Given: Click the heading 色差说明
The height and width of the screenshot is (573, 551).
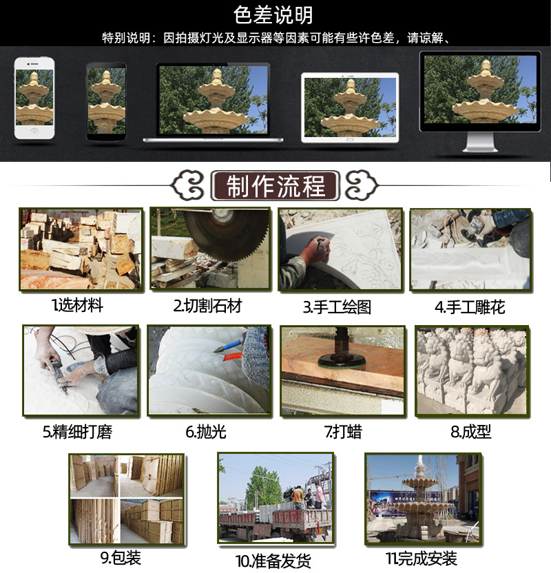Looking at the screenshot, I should [x=274, y=14].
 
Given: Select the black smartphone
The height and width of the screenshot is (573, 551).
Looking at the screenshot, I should [x=106, y=101].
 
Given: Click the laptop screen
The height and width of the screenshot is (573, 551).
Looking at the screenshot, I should [x=213, y=101].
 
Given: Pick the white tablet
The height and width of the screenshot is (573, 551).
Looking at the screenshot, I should [x=349, y=107].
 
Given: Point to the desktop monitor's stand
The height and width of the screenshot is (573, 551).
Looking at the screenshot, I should [x=481, y=143].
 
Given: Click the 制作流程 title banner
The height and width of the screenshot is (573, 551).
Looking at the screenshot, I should [x=275, y=186].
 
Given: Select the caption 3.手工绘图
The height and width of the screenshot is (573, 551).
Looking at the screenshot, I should [x=337, y=306].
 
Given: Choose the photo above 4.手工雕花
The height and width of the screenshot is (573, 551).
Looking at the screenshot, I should [x=470, y=249].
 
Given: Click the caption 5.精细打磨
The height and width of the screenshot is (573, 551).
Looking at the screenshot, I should [x=77, y=433].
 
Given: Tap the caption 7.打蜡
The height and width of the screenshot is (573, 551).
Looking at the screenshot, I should [x=343, y=433].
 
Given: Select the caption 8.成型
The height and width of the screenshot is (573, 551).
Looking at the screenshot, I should [x=471, y=433].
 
